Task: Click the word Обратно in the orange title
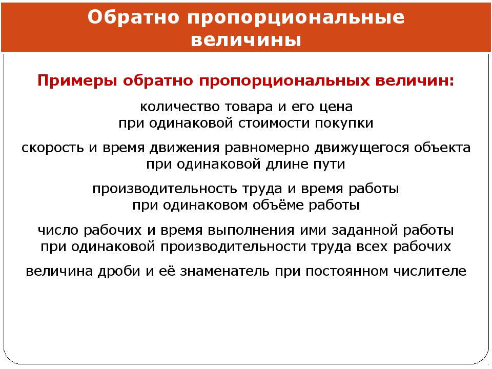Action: (x=133, y=17)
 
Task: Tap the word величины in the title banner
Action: (x=246, y=40)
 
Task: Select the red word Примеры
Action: (x=77, y=81)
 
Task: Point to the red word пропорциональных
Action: (x=284, y=81)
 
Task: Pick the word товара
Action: (x=249, y=107)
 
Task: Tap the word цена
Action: (x=336, y=107)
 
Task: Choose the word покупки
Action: (x=344, y=123)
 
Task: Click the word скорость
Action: (x=53, y=148)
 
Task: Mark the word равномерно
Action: (x=267, y=148)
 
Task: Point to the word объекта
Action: (x=442, y=148)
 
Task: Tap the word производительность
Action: (x=165, y=189)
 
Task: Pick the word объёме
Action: (x=278, y=204)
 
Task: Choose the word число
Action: (x=58, y=230)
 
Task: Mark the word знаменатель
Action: (x=224, y=271)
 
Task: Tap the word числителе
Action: (x=430, y=271)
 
